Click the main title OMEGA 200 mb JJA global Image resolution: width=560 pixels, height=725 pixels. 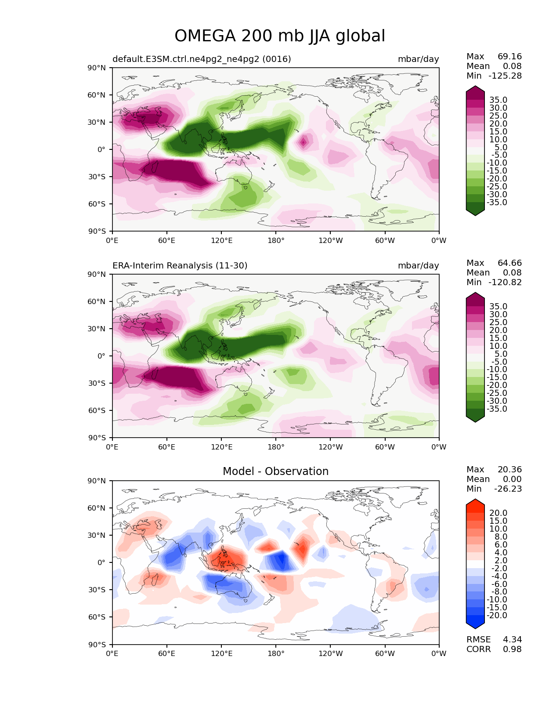tap(280, 36)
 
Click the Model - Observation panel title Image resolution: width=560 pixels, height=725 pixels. tap(275, 471)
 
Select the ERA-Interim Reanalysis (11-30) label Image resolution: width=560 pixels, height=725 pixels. tap(180, 266)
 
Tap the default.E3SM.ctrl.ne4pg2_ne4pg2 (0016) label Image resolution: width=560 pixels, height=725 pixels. tap(202, 59)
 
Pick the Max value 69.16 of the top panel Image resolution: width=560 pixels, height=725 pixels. tap(509, 57)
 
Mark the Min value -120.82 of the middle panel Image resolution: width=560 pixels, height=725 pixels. tap(505, 283)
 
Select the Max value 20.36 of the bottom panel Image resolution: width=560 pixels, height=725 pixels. tap(509, 470)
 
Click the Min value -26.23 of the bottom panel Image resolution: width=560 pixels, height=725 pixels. tap(508, 489)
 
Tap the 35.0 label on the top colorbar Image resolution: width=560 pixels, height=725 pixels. tap(498, 100)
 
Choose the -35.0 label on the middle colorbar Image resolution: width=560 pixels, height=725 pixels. tap(497, 409)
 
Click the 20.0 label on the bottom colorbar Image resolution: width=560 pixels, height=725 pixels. tap(498, 513)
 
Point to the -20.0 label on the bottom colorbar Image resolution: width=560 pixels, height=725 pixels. tap(497, 616)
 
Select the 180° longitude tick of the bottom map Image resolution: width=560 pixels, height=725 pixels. tap(276, 654)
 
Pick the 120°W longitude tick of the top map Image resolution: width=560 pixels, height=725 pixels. tap(330, 241)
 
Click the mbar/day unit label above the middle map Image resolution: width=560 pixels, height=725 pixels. tap(418, 266)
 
